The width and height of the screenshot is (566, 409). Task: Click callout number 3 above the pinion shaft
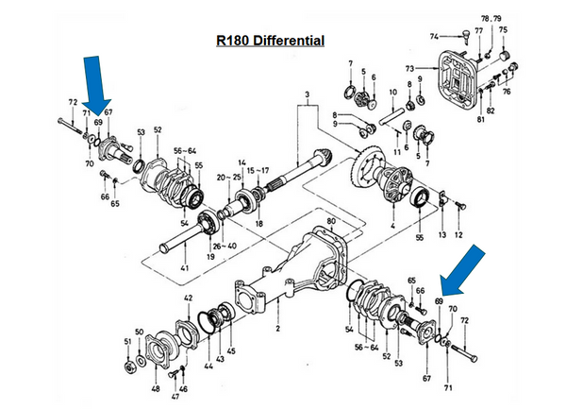point(307,94)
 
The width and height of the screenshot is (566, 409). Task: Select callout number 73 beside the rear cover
point(408,69)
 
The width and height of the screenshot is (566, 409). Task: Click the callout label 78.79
point(491,19)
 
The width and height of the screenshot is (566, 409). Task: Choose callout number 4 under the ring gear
point(392,227)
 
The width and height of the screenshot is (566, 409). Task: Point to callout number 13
point(441,234)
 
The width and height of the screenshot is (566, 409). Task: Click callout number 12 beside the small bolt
point(458,234)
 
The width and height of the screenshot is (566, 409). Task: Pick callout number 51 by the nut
point(128,341)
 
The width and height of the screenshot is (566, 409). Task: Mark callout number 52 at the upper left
point(158,129)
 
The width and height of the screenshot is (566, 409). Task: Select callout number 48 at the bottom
point(156,388)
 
